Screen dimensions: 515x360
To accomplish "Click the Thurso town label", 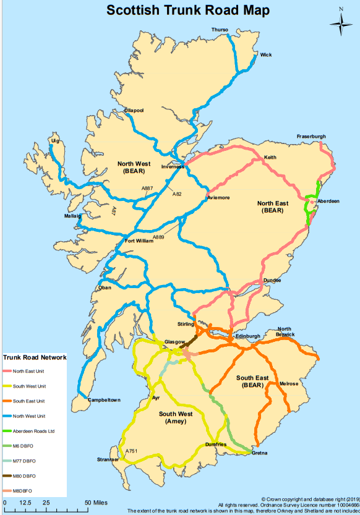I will click(x=220, y=30).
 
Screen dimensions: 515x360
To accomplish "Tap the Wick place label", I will click(x=266, y=55).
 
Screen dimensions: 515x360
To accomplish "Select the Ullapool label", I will click(x=134, y=110).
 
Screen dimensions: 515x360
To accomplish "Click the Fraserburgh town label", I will click(x=311, y=136).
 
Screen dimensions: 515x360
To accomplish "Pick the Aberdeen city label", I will click(x=328, y=201).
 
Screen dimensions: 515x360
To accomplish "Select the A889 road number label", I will click(x=159, y=237).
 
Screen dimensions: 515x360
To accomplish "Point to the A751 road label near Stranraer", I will click(x=131, y=452).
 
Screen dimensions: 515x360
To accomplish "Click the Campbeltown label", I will click(x=103, y=400).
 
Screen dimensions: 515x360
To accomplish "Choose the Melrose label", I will click(x=289, y=384).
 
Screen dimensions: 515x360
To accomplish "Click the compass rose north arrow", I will click(x=340, y=23).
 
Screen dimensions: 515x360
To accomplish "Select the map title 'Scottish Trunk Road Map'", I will click(x=179, y=11).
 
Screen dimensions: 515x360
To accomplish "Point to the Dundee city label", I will click(x=272, y=280).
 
